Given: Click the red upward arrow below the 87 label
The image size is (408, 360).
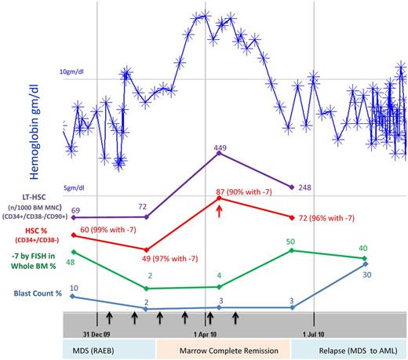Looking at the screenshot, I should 219,209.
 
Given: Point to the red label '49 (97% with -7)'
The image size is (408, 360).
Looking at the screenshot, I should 172,259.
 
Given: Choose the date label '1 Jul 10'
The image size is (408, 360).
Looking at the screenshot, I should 315,333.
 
